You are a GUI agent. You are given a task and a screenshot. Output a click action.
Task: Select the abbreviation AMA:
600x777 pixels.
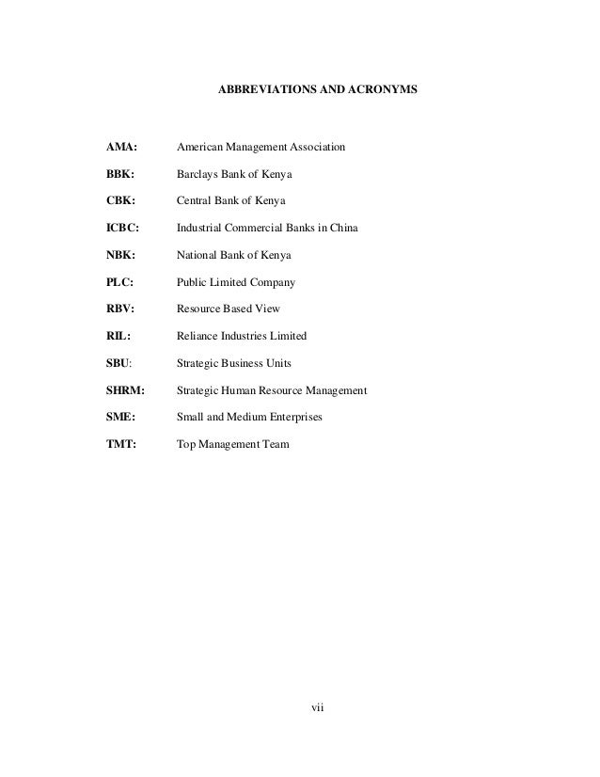(122, 149)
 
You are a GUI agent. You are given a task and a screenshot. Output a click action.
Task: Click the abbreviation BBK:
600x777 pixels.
(121, 175)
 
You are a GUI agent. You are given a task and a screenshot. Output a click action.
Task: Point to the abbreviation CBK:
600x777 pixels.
(121, 201)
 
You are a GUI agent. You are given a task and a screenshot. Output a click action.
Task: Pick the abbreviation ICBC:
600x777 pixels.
(124, 229)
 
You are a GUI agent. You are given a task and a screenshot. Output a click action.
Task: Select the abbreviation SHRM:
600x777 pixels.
(128, 389)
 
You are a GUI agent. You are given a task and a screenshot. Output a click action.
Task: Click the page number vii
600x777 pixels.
(317, 707)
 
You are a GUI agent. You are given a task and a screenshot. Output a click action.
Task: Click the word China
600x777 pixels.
(343, 229)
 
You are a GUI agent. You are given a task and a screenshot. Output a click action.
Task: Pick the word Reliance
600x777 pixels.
(198, 336)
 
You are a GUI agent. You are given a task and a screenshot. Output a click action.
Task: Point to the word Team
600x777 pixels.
(275, 443)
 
